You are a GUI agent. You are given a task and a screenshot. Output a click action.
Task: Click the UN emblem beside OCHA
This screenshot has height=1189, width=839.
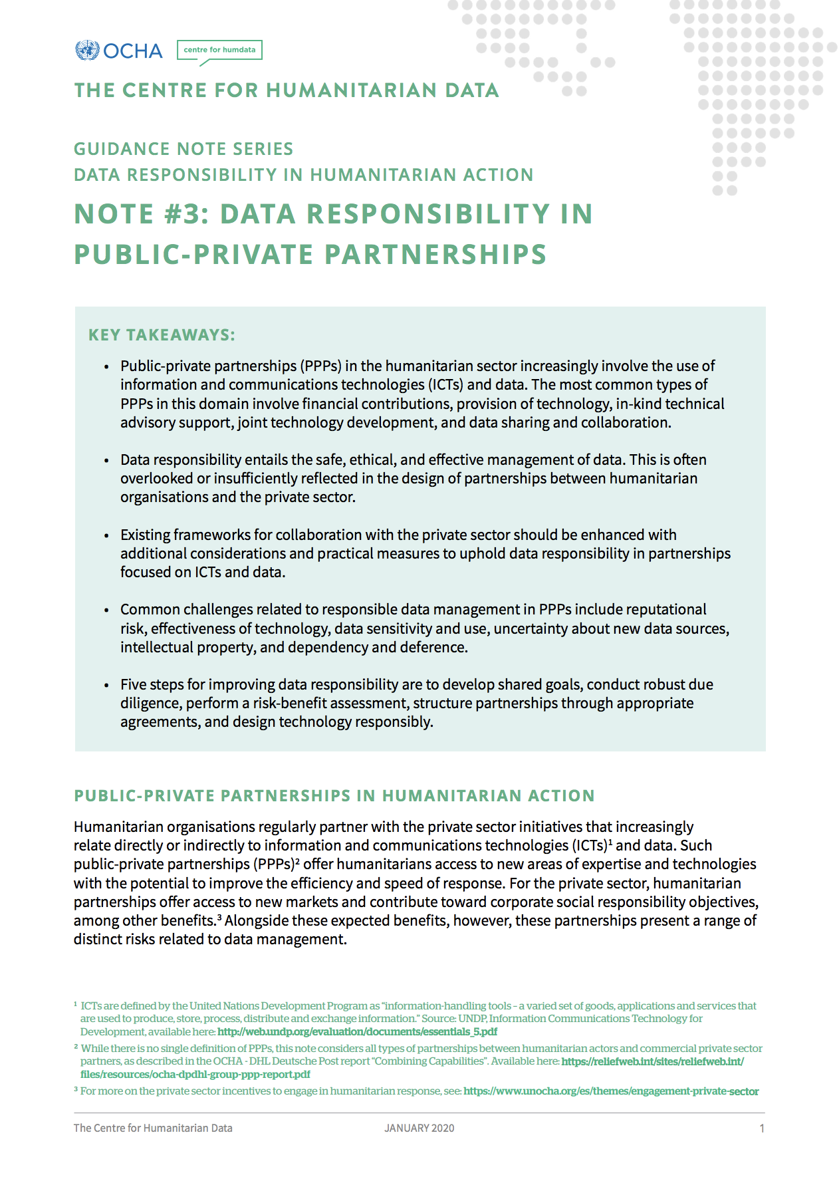(87, 51)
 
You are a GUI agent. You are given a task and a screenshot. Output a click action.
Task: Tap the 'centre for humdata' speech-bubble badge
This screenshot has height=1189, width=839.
(219, 50)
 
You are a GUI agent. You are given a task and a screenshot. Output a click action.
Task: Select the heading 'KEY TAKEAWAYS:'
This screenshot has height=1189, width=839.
(162, 335)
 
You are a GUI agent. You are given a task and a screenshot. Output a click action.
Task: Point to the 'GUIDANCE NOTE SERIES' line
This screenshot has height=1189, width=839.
(183, 149)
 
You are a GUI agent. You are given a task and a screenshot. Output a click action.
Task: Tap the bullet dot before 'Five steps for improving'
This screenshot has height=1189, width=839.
(106, 686)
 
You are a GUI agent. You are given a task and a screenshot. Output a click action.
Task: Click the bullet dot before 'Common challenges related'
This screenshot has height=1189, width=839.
(106, 610)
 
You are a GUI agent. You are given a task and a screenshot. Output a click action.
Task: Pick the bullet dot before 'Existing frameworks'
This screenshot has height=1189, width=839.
(106, 536)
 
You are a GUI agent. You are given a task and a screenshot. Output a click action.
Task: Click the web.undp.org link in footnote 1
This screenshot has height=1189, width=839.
(357, 1032)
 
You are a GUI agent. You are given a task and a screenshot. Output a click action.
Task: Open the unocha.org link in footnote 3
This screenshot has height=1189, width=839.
(611, 1091)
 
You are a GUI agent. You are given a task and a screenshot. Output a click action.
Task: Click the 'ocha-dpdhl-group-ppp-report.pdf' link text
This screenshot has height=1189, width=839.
(195, 1074)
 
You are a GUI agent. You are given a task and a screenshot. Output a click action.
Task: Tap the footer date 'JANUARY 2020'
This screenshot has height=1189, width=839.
(419, 1128)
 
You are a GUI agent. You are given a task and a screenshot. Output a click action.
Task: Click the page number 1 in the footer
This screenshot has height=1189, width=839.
(762, 1128)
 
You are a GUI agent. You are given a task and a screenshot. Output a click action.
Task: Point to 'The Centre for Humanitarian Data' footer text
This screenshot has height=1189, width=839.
(153, 1128)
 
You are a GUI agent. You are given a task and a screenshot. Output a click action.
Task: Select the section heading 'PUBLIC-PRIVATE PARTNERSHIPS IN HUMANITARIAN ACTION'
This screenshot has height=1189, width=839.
(334, 796)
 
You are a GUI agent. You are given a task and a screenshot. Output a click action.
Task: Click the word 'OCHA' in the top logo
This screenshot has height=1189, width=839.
(133, 51)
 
